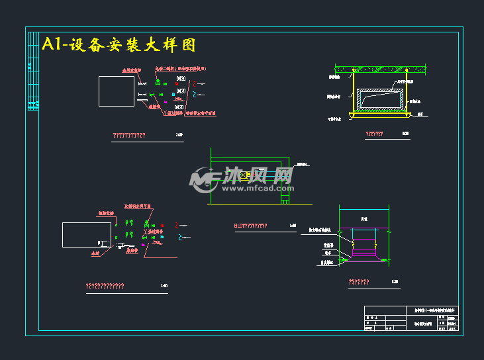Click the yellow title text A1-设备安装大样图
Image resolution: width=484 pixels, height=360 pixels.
[119, 44]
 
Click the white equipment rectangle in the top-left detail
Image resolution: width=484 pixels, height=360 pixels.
[117, 91]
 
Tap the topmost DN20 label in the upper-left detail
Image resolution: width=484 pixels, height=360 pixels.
[180, 79]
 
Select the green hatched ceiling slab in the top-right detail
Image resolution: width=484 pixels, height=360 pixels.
[378, 68]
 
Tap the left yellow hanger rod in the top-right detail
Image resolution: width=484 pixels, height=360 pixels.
[353, 93]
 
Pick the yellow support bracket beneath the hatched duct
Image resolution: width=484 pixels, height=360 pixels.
[381, 113]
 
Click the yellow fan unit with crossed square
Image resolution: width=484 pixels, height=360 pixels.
[244, 175]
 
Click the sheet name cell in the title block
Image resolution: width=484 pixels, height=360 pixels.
[423, 324]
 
